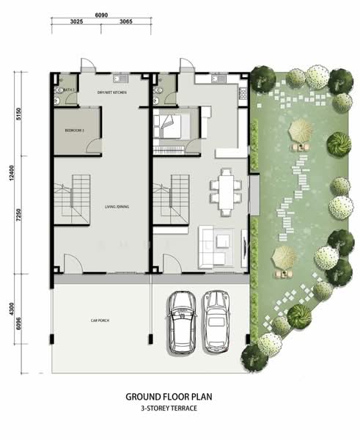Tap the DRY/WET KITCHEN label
pos(114,92)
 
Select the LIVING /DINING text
pos(116,208)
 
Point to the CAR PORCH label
pos(100,320)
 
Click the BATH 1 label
pos(69,89)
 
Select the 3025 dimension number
pos(76,23)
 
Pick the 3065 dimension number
pos(126,23)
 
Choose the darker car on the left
pos(181,320)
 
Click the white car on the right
pos(216,320)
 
